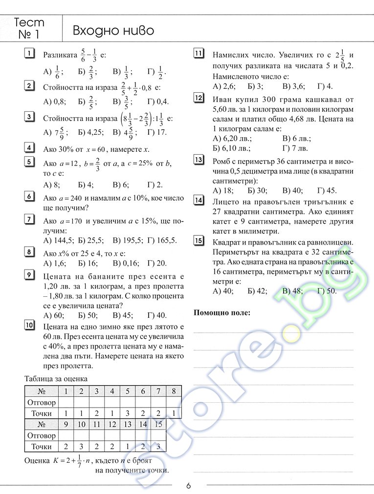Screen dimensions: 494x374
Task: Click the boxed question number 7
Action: [x=29, y=219]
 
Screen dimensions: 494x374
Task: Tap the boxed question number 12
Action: [x=198, y=98]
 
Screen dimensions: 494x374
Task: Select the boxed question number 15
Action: [x=198, y=240]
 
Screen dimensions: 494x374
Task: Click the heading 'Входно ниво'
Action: [x=113, y=31]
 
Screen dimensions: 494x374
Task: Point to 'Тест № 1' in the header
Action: [x=29, y=29]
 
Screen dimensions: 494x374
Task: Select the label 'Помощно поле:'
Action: [x=222, y=313]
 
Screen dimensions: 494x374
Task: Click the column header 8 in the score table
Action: [x=174, y=391]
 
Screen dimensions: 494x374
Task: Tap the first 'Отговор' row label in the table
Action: [x=42, y=403]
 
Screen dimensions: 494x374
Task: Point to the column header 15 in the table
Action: [x=158, y=424]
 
